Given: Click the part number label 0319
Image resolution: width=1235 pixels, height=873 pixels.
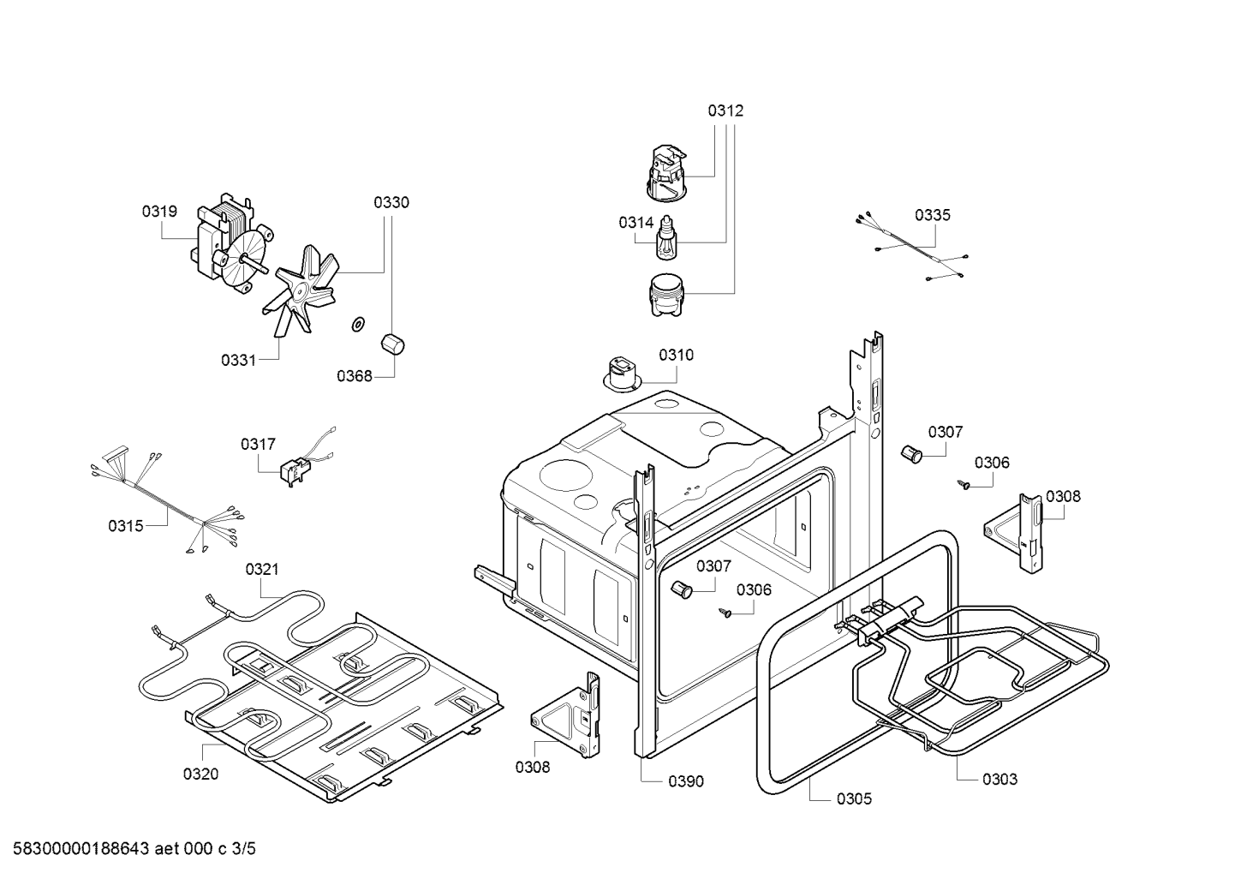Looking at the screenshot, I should coord(159,211).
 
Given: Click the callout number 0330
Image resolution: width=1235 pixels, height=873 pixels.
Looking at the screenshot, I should coord(391,202).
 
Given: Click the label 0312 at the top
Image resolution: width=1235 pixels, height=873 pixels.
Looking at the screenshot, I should coord(725,111).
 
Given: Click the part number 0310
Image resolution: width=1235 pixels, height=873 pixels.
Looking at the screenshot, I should coord(676,355).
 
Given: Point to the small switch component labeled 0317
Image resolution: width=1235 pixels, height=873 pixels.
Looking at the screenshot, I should coord(294,470).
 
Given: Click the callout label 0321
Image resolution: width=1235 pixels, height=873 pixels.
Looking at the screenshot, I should coord(262,569).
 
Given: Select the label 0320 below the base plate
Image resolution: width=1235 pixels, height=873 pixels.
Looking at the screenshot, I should coord(200,774).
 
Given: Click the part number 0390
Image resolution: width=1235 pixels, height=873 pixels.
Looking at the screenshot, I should coord(686,780).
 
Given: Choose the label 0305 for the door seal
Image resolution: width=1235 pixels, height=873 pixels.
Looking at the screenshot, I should coord(854,798).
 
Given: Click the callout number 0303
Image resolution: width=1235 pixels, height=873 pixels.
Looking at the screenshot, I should coord(999,779).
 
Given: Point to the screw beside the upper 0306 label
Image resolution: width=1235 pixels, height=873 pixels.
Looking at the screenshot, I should coord(965,485).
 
